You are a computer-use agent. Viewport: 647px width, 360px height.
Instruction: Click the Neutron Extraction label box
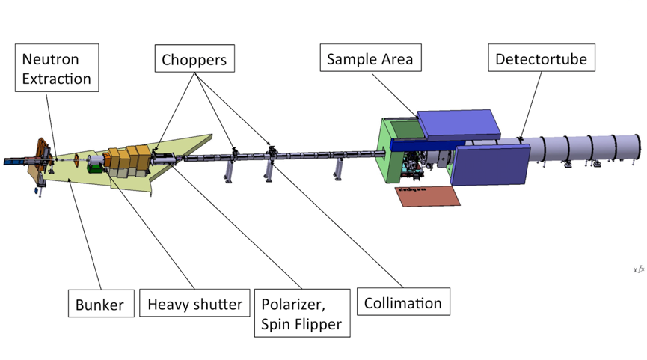click(57, 68)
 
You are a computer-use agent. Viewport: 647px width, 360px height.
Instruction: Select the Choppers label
click(194, 58)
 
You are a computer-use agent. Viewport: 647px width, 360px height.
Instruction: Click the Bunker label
click(99, 305)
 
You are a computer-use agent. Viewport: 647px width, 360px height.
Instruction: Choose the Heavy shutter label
click(194, 305)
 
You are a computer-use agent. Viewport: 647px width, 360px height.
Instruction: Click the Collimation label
click(402, 303)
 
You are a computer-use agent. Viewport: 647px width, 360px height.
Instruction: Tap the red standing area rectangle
click(426, 196)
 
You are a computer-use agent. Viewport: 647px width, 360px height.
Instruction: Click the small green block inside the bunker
click(94, 168)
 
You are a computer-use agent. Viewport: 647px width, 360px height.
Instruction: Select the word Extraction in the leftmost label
click(57, 78)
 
